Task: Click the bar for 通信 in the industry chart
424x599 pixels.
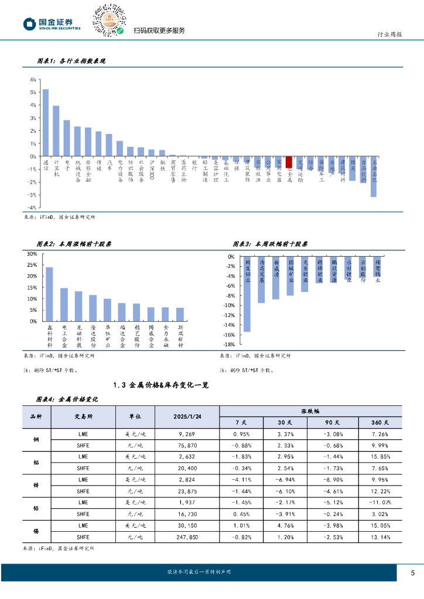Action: tap(46, 123)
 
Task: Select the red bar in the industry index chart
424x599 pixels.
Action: tap(289, 162)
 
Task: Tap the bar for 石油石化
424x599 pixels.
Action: tap(374, 177)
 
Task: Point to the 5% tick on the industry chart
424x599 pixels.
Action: tap(33, 92)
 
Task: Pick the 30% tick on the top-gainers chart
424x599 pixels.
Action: tap(32, 254)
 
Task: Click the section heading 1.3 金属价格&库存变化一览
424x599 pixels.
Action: tap(160, 385)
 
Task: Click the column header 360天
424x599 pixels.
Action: tap(381, 422)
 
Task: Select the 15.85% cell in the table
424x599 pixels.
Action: tap(381, 455)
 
